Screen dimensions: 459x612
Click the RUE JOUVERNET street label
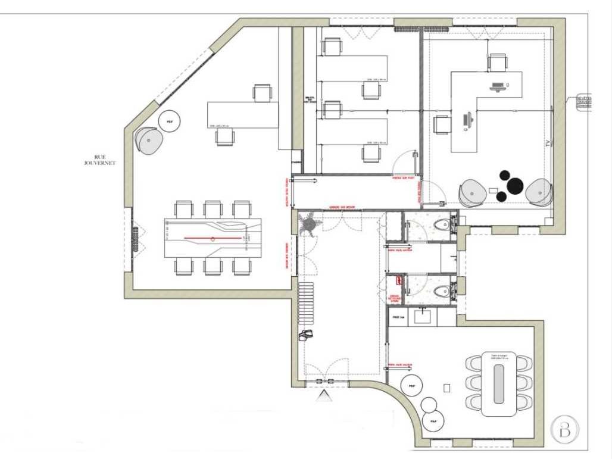100,160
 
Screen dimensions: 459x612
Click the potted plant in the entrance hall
310,224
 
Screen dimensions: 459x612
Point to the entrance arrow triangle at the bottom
324,396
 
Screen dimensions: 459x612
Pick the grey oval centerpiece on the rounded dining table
499,380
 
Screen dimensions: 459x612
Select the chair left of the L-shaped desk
441,125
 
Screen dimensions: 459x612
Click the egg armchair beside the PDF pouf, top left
149,140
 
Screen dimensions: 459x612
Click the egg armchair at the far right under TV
540,192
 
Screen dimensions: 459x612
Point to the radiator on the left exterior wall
136,239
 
